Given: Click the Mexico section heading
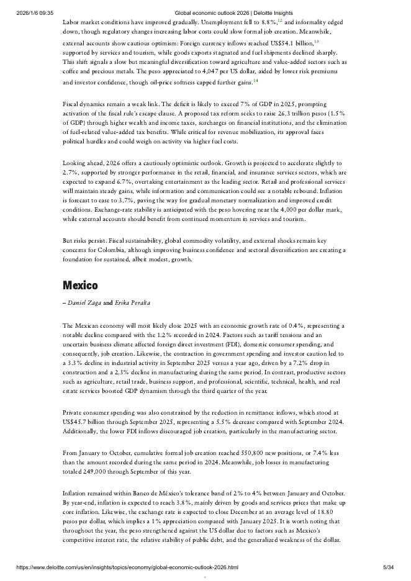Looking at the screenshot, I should tap(80, 286).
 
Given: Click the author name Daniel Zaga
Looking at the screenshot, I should tap(84, 303).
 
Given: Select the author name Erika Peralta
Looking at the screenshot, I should tap(133, 303).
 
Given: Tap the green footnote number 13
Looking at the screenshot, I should tap(316, 42).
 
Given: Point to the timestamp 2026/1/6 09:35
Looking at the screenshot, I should tap(35, 12).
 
